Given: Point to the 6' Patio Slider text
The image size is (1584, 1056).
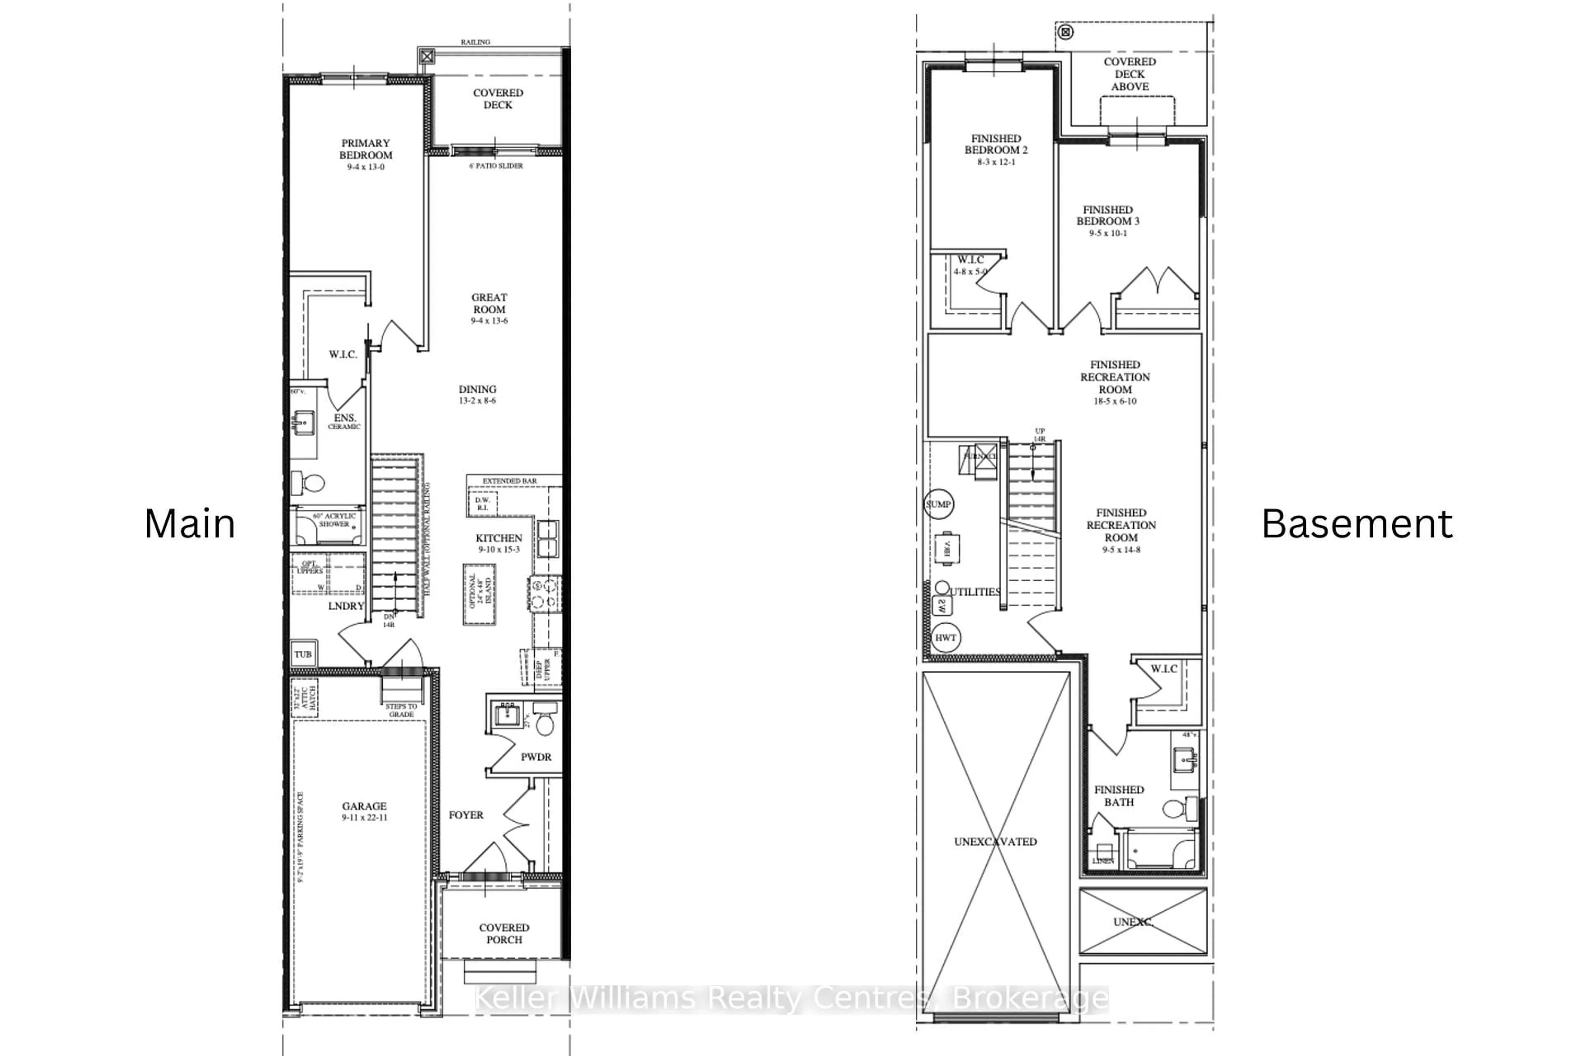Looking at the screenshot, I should (496, 166).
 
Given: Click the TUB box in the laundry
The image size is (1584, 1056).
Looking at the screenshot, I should (303, 654).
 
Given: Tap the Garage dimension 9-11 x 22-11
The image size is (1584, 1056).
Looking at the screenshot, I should (364, 818).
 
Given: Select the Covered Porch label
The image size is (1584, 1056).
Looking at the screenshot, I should (504, 933).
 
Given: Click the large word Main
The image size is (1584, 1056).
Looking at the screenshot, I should (190, 524).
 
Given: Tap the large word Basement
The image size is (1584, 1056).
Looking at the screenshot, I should (1357, 524).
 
